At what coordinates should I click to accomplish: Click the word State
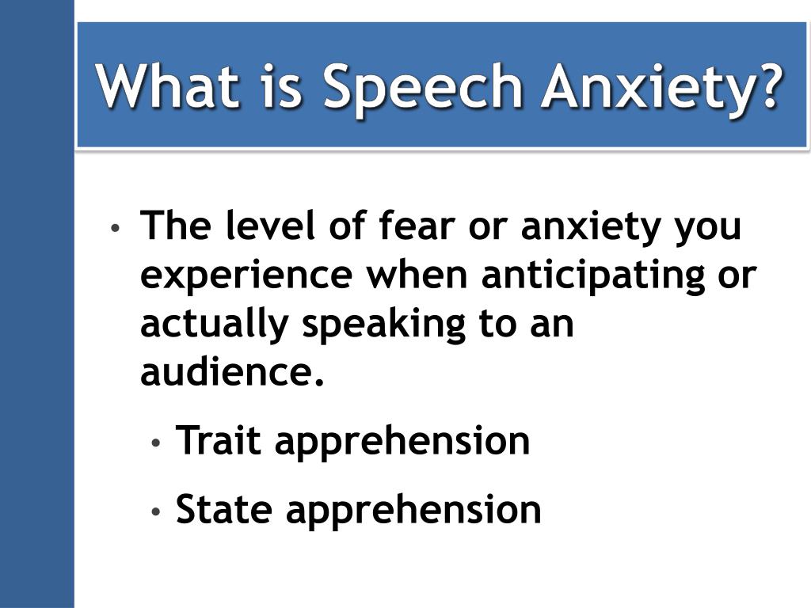pyautogui.click(x=224, y=509)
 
